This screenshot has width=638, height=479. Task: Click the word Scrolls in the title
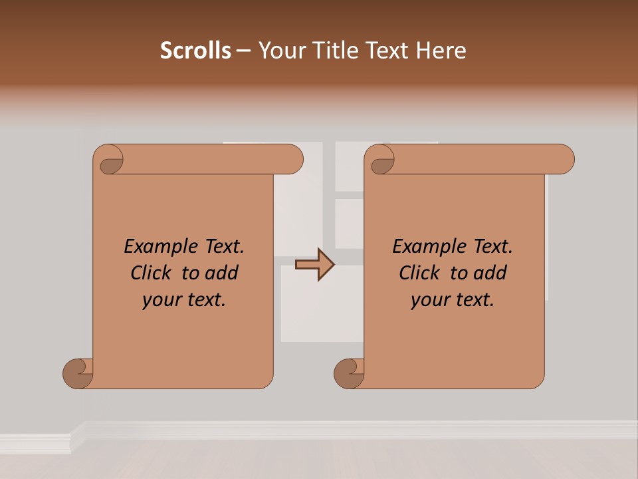195,51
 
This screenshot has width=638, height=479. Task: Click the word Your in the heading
282,51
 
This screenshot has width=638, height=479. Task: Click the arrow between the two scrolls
315,265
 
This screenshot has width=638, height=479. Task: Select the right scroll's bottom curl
350,373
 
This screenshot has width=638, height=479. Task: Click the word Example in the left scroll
154,247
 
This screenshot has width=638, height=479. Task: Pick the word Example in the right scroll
423,247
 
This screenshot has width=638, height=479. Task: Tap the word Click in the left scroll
152,273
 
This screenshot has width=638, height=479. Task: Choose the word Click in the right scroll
419,273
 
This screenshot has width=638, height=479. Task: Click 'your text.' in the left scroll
184,300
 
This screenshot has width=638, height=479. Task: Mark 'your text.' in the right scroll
453,300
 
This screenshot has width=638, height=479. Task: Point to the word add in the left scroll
221,273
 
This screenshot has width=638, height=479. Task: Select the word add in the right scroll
490,273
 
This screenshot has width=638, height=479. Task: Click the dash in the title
244,51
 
